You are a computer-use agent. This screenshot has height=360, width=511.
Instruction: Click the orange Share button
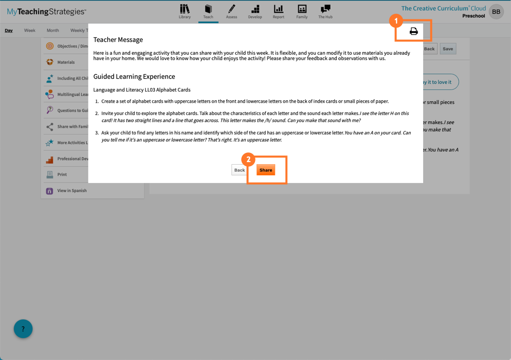pyautogui.click(x=266, y=170)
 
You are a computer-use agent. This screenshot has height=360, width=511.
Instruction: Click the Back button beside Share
pyautogui.click(x=239, y=170)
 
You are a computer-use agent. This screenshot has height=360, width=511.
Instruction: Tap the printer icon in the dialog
pyautogui.click(x=413, y=32)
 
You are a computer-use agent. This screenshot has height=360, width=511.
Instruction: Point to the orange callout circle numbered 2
pyautogui.click(x=248, y=159)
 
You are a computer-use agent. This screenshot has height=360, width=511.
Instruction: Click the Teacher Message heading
pyautogui.click(x=118, y=40)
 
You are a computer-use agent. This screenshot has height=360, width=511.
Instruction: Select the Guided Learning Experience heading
pyautogui.click(x=134, y=77)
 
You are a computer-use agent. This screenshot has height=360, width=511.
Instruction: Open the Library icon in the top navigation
pyautogui.click(x=184, y=11)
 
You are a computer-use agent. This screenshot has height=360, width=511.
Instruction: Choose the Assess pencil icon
pyautogui.click(x=231, y=11)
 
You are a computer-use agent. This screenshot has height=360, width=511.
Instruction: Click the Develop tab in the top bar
pyautogui.click(x=255, y=11)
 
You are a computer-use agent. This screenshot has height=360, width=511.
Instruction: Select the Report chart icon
pyautogui.click(x=278, y=11)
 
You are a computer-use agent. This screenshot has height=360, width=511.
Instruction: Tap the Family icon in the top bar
pyautogui.click(x=302, y=11)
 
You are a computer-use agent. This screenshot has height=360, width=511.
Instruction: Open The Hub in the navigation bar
pyautogui.click(x=325, y=11)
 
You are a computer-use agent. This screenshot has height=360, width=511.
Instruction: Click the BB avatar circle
pyautogui.click(x=496, y=12)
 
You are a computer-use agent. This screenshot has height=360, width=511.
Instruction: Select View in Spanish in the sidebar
pyautogui.click(x=72, y=191)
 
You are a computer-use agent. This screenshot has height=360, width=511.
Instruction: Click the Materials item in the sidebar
pyautogui.click(x=65, y=62)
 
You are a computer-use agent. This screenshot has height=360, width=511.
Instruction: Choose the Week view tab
pyautogui.click(x=30, y=31)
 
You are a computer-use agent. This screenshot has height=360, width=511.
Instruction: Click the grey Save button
pyautogui.click(x=448, y=49)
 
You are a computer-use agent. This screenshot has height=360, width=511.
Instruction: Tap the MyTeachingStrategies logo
pyautogui.click(x=47, y=12)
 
